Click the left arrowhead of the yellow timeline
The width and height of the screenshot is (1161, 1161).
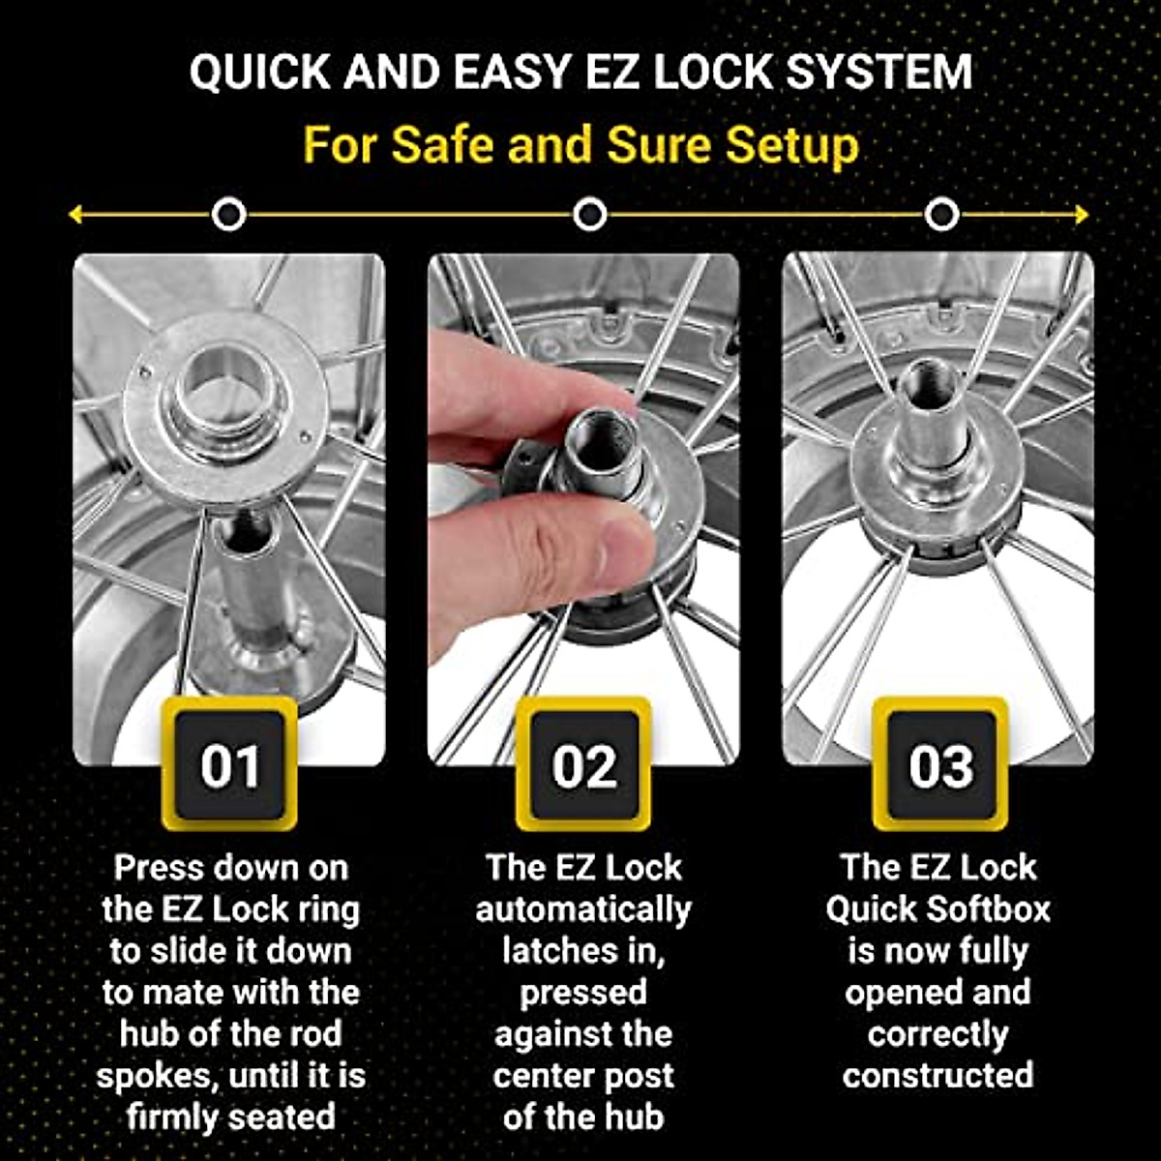[x=75, y=215]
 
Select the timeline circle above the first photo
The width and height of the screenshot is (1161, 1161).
[x=228, y=215]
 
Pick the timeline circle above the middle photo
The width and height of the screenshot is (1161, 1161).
[x=589, y=215]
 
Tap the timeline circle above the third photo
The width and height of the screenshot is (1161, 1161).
[x=941, y=215]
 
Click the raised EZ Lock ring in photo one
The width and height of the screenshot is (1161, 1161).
[x=226, y=406]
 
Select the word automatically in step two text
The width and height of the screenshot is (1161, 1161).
[x=583, y=910]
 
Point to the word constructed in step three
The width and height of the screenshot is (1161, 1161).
[x=938, y=1076]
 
